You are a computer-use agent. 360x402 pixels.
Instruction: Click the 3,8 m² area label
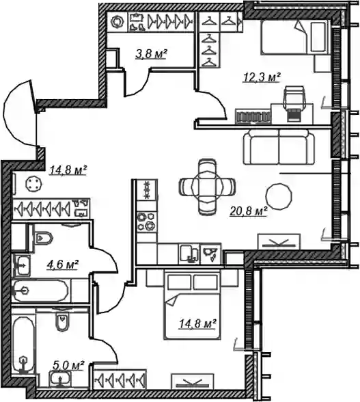pos(151,54)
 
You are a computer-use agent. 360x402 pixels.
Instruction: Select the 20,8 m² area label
pos(249,211)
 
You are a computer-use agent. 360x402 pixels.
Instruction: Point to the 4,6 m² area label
pos(62,265)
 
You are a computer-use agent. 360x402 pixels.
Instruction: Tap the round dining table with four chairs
pos(206,187)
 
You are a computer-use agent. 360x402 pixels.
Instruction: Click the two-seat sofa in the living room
pos(279,146)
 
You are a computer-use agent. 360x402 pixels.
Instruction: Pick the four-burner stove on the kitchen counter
pos(147,222)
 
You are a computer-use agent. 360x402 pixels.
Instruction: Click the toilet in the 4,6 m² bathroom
pos(44,238)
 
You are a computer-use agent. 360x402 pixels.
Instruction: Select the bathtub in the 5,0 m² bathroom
pos(24,345)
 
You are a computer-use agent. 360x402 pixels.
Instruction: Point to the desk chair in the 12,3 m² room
pos(294,103)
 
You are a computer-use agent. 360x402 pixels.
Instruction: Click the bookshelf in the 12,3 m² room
pos(253,116)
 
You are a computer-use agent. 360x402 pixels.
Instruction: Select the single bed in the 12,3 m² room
pos(295,36)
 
